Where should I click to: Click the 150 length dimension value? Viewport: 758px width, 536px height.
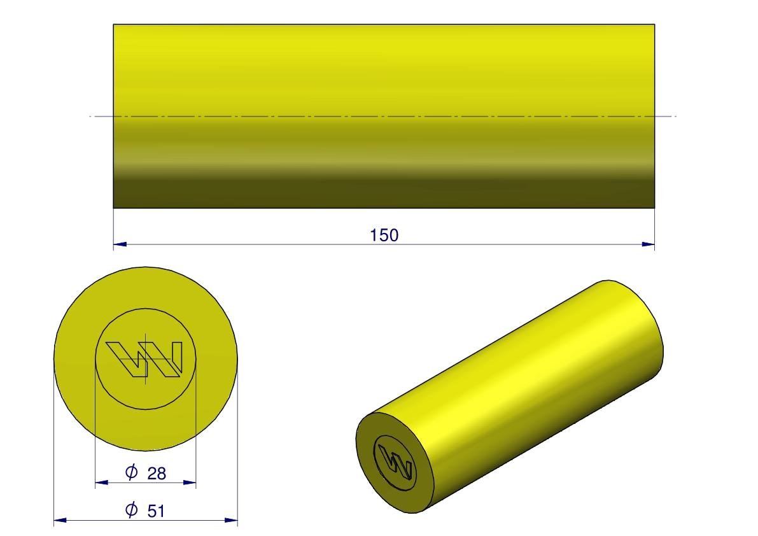click(x=384, y=235)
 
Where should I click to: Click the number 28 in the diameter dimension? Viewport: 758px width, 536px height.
click(x=157, y=473)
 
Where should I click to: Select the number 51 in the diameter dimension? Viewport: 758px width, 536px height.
click(x=156, y=511)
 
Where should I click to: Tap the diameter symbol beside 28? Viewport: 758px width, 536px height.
click(x=132, y=472)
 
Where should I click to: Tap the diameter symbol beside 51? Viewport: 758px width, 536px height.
click(x=132, y=509)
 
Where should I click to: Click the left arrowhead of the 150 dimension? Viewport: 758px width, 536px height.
click(x=120, y=244)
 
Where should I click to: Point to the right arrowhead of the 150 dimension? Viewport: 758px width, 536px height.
click(x=649, y=244)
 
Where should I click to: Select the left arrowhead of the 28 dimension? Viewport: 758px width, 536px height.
click(x=102, y=482)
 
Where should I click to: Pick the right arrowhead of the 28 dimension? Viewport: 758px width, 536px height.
click(x=190, y=482)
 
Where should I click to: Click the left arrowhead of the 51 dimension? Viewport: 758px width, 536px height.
click(x=60, y=520)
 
